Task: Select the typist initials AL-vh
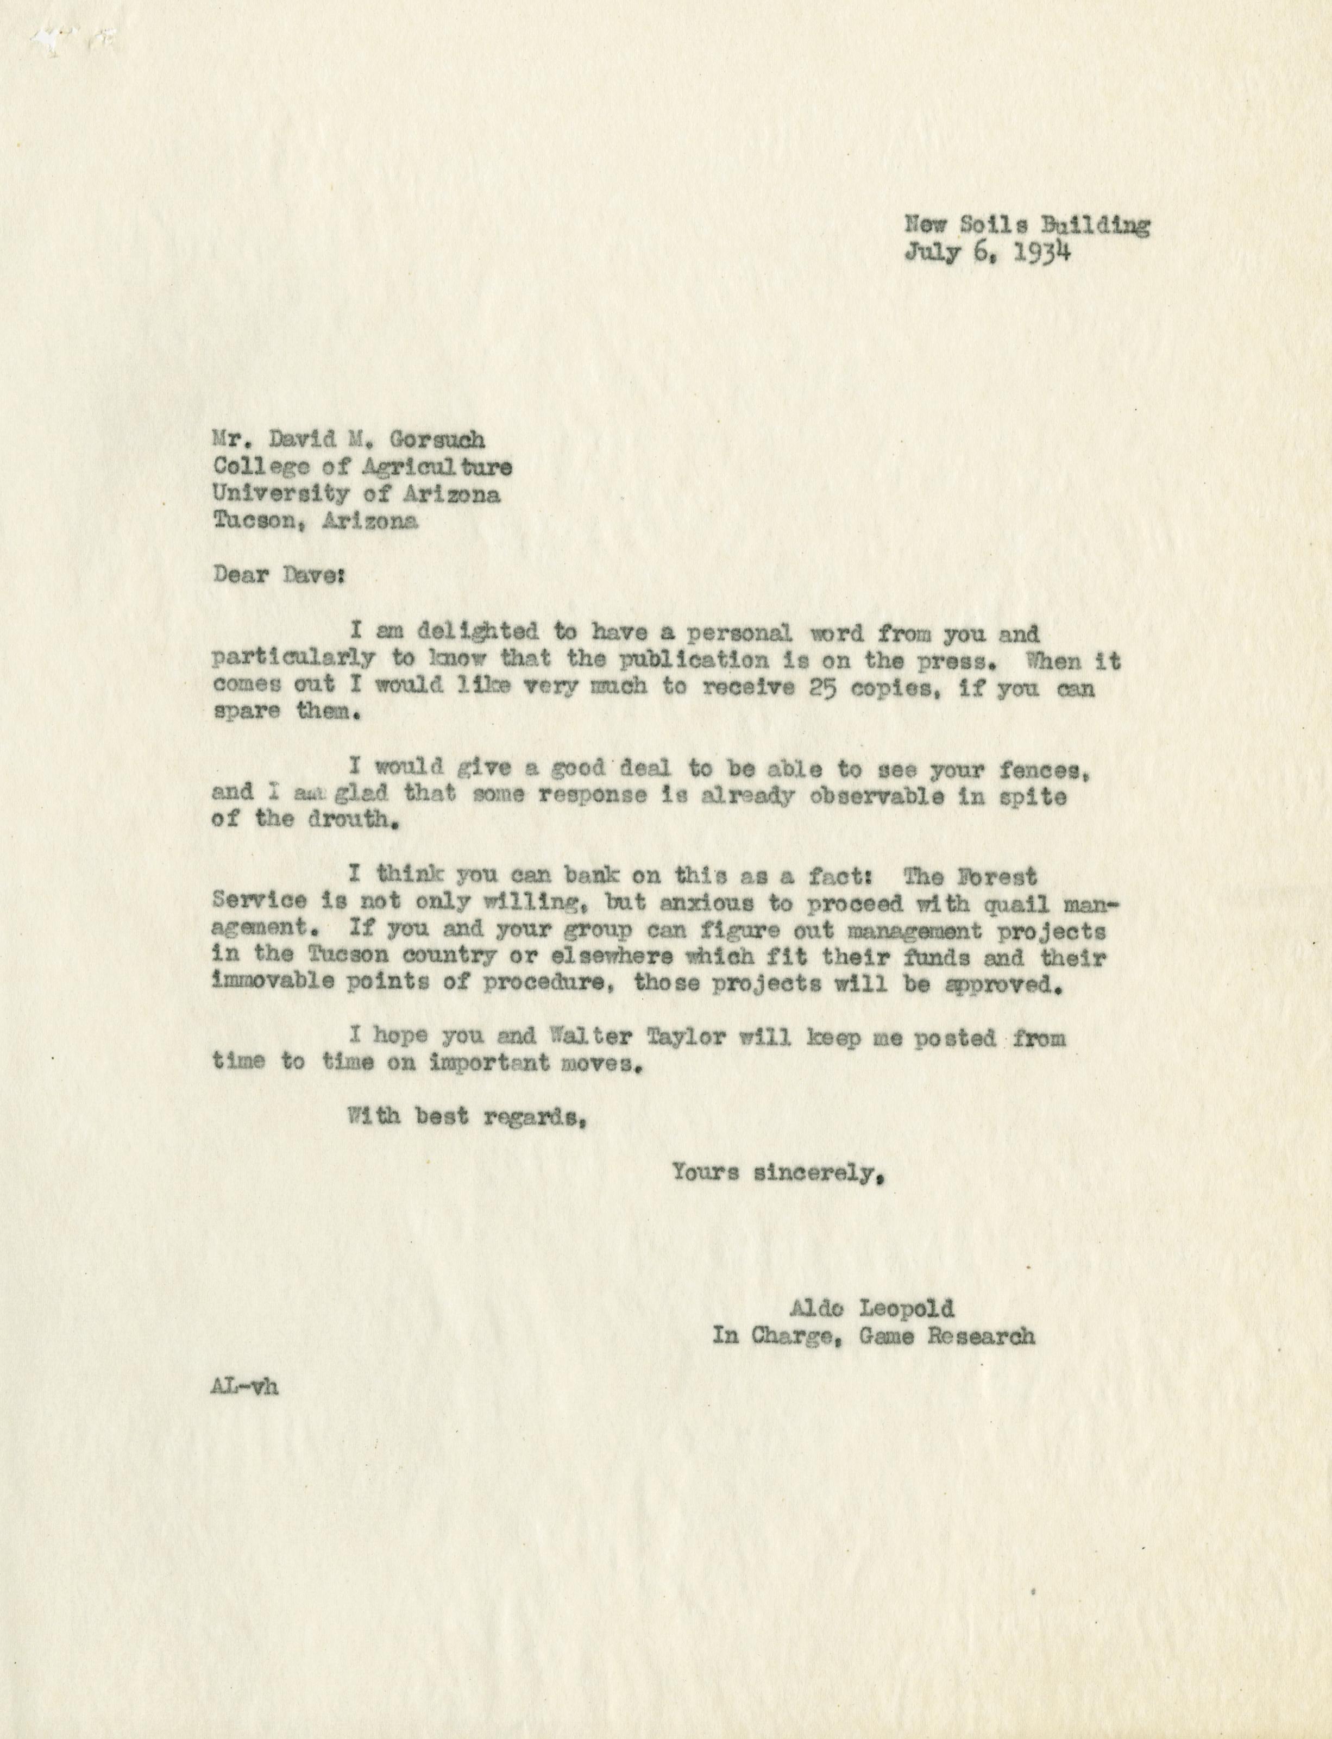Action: [x=245, y=1387]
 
